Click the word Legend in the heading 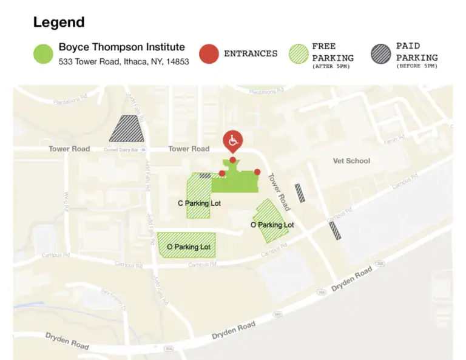point(59,23)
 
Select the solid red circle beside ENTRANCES point(209,53)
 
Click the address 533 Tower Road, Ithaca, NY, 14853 point(124,61)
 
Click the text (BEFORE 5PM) point(416,66)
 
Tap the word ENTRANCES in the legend point(251,53)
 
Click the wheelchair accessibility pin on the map point(232,141)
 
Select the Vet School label point(351,161)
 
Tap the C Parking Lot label point(199,203)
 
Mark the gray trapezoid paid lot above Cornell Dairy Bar point(127,129)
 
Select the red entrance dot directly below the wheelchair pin point(232,160)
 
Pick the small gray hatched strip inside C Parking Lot point(205,175)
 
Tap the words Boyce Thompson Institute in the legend point(121,47)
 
